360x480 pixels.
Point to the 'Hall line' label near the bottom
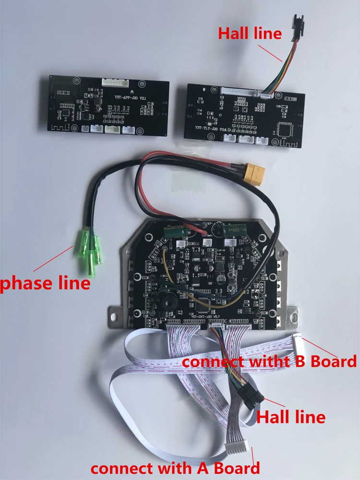coord(291,416)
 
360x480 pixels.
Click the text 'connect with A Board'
coord(175,467)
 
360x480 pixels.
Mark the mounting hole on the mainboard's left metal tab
coord(116,316)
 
